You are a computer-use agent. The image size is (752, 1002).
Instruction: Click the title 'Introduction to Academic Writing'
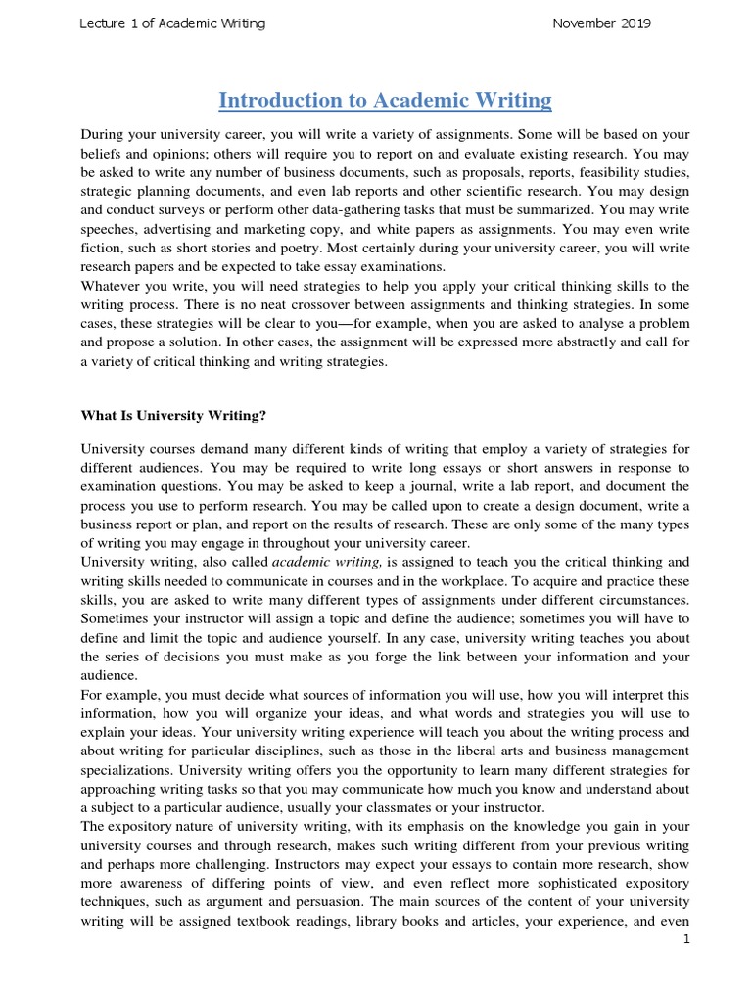pos(385,100)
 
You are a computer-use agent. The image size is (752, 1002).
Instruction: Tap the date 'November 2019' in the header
pos(601,23)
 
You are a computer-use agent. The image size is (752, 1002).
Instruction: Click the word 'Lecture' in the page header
pos(103,23)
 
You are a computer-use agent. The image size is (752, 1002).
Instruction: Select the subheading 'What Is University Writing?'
pos(173,415)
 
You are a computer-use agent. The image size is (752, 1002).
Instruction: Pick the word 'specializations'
pos(127,769)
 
